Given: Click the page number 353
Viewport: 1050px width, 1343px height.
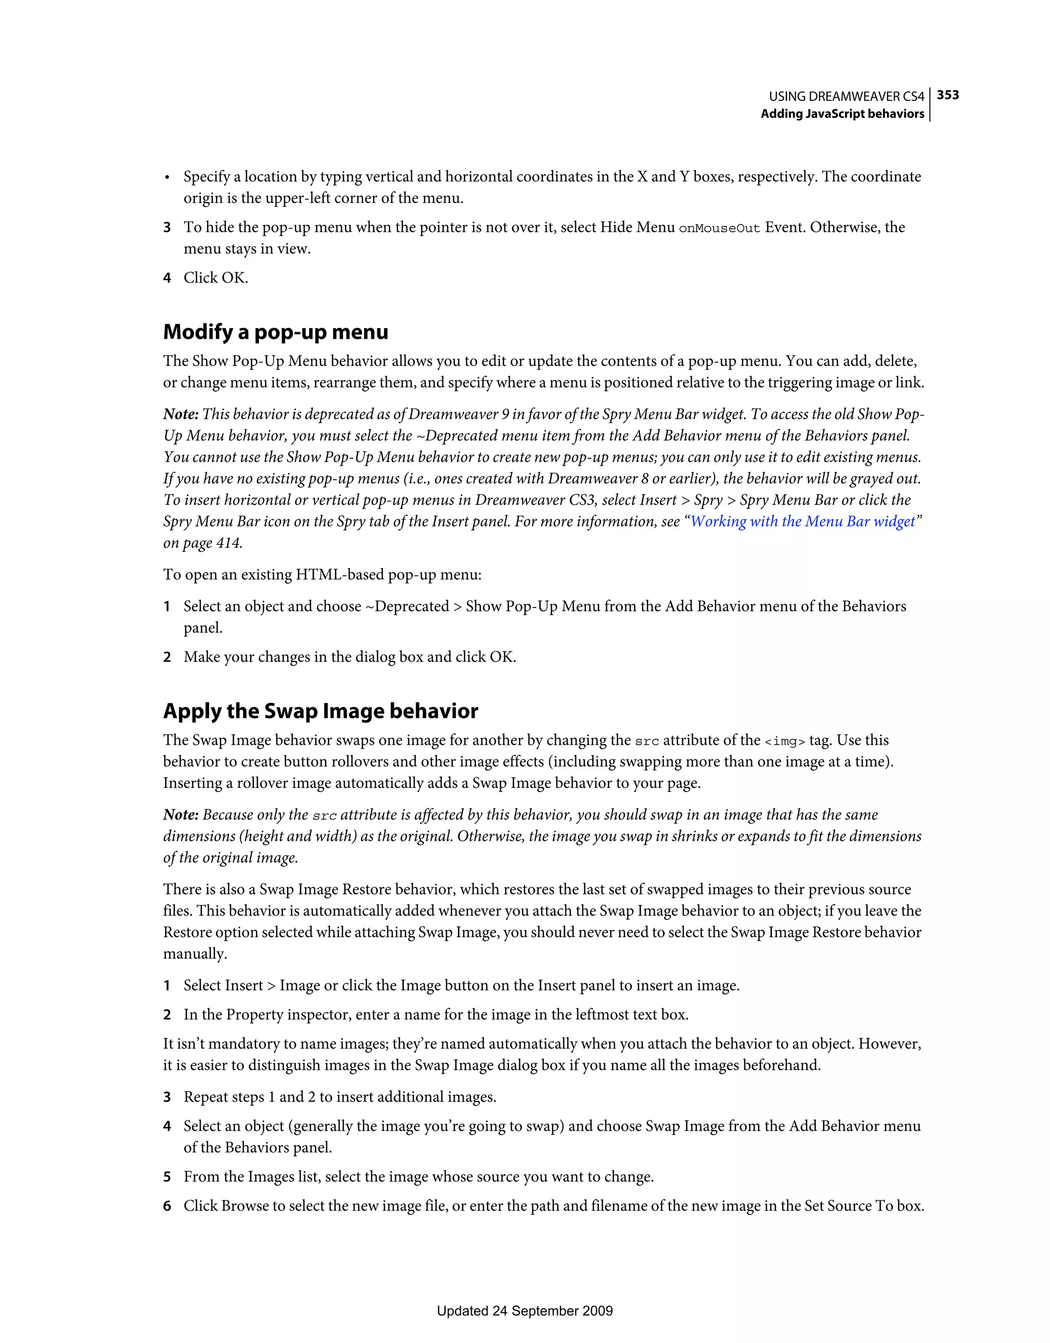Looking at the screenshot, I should click(x=947, y=95).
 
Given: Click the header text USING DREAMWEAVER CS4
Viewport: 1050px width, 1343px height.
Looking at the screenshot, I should click(x=846, y=96).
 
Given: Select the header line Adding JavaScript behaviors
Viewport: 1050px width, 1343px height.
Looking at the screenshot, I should click(x=842, y=114).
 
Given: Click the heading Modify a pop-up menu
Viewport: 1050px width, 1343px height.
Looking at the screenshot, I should click(x=275, y=332).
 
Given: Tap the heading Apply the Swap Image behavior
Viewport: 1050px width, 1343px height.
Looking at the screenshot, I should click(x=320, y=711).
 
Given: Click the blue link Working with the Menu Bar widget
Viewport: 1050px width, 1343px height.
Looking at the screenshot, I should click(x=803, y=521).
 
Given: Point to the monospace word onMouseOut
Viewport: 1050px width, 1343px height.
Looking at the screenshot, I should click(x=719, y=228).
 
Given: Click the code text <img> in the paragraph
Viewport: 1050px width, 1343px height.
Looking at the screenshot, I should click(x=784, y=741).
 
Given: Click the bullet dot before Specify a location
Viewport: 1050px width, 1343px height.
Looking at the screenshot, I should click(x=167, y=178).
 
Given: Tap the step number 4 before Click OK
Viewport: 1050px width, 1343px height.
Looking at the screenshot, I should click(x=167, y=278).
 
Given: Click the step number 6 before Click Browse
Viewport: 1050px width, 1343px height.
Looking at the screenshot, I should click(x=167, y=1206).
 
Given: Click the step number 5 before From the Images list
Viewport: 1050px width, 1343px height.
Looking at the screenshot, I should click(x=167, y=1177).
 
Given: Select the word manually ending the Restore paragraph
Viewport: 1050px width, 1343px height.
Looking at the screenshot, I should click(x=194, y=954).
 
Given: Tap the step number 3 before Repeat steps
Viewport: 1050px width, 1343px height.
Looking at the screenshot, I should click(x=167, y=1097).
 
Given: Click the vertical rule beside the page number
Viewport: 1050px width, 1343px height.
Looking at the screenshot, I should click(x=930, y=105).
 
